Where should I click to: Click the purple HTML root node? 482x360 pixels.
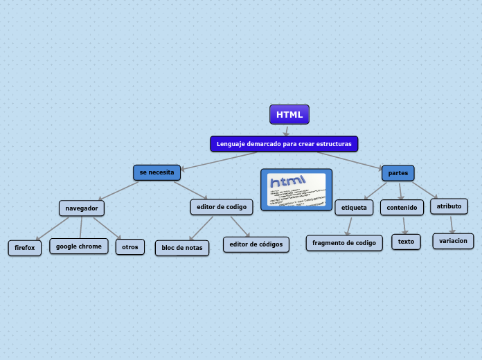(x=289, y=114)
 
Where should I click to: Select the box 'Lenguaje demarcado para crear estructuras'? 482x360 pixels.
(x=284, y=144)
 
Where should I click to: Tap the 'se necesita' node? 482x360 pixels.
(x=157, y=172)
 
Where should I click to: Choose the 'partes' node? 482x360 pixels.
(x=398, y=173)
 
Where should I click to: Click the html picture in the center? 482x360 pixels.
(x=296, y=190)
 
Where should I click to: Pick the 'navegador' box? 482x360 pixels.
(x=82, y=208)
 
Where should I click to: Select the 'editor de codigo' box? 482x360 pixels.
(x=222, y=206)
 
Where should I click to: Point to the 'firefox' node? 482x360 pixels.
(x=25, y=247)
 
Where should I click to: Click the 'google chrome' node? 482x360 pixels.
(x=79, y=246)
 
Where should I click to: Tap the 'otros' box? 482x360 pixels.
(x=130, y=246)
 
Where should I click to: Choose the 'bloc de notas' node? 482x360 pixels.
(x=182, y=247)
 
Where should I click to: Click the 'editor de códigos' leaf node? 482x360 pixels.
(x=256, y=244)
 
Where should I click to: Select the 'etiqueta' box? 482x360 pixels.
(x=355, y=207)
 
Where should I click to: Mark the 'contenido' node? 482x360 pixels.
(x=402, y=207)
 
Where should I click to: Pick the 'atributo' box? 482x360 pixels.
(x=449, y=206)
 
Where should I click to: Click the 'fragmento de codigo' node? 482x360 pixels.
(x=344, y=242)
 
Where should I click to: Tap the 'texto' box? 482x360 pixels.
(x=406, y=242)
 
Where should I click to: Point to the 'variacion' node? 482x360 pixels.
(x=454, y=241)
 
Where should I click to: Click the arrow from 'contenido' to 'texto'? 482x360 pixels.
(x=404, y=224)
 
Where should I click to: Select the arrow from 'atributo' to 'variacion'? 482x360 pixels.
(x=452, y=224)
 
